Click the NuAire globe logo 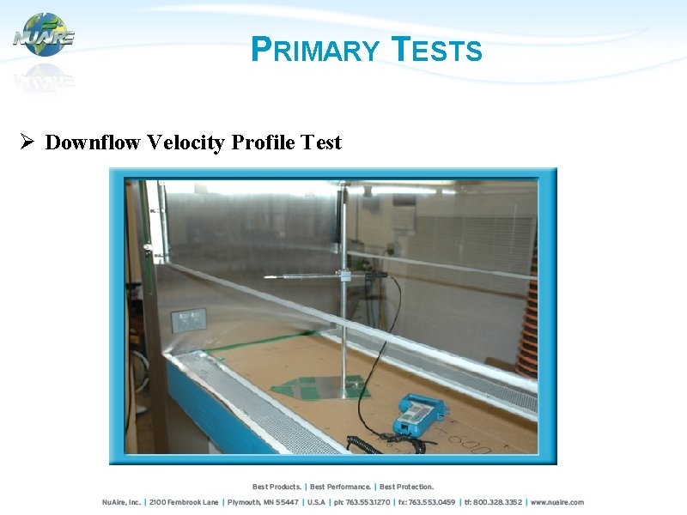coord(44,35)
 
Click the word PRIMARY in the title coord(314,51)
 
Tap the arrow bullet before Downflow coord(26,142)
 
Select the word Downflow coord(93,142)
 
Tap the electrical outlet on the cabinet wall coord(188,321)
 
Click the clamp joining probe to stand coord(344,276)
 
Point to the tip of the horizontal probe coord(266,278)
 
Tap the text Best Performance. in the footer coord(341,488)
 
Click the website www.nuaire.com coord(556,502)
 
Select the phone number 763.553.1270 coord(369,502)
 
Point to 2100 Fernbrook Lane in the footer coord(185,502)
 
